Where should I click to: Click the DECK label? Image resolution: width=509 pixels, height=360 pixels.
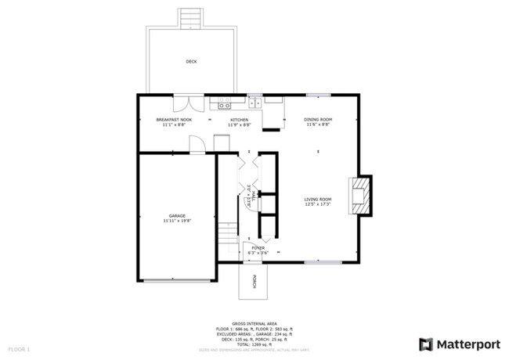tap(191, 61)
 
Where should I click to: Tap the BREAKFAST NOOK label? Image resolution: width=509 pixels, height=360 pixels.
tap(174, 120)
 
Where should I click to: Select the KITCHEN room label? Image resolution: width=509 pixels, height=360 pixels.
tap(240, 120)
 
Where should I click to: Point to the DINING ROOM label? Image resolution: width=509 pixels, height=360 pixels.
tap(317, 120)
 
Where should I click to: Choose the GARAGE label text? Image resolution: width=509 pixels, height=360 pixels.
tap(177, 215)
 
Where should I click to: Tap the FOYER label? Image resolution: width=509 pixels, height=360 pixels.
tap(258, 247)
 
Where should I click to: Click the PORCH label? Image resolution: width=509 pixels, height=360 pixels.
tap(254, 283)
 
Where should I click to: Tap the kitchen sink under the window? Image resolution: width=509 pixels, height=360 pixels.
tap(255, 102)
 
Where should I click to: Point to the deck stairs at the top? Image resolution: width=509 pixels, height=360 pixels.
tap(189, 17)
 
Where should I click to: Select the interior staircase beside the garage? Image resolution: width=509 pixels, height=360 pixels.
tap(227, 235)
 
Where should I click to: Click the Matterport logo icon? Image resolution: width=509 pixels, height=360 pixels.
tap(425, 343)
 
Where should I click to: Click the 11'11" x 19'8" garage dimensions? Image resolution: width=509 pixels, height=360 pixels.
tap(177, 221)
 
